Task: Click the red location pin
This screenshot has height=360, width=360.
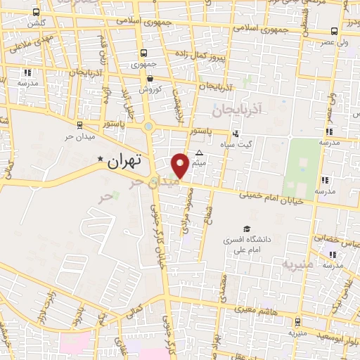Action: (181, 165)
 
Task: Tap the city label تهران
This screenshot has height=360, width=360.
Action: (126, 160)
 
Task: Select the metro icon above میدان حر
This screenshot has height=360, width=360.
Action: (79, 124)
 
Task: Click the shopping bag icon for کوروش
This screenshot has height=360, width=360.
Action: (150, 80)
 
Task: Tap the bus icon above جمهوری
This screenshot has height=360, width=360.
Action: (144, 53)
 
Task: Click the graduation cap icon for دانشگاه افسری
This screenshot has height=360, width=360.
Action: (246, 229)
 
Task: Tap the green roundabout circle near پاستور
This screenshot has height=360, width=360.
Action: (148, 127)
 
